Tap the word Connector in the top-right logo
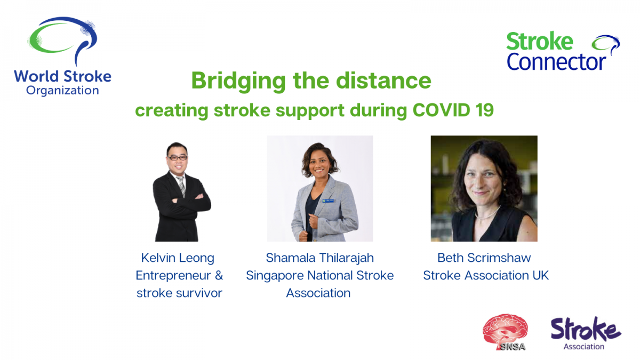click(x=556, y=62)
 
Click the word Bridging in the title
click(x=238, y=81)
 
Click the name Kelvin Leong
click(x=178, y=258)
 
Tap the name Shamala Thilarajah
click(x=319, y=258)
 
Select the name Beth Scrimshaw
click(x=484, y=258)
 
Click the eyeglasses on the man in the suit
click(x=178, y=158)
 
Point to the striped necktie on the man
click(x=181, y=186)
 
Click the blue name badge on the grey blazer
click(x=327, y=201)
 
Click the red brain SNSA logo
click(x=505, y=332)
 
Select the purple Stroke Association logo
click(x=586, y=333)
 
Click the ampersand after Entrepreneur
click(x=219, y=275)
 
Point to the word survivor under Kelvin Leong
click(x=199, y=293)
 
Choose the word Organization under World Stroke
click(x=62, y=91)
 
